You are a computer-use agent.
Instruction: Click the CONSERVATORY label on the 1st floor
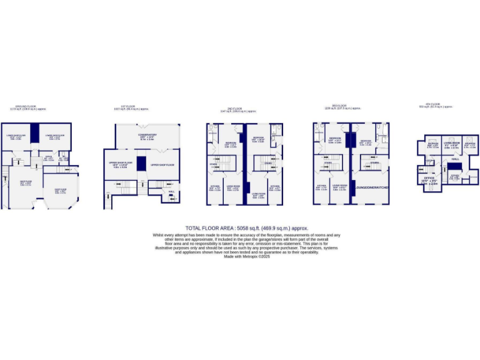(148, 134)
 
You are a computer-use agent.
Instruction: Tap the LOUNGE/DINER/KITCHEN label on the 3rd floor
(372, 187)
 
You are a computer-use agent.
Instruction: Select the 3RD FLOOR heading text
(338, 106)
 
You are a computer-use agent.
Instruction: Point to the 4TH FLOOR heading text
(433, 104)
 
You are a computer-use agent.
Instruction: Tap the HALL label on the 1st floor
(171, 192)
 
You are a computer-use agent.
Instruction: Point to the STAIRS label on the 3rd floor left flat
(327, 162)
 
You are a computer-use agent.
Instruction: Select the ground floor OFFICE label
(48, 157)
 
